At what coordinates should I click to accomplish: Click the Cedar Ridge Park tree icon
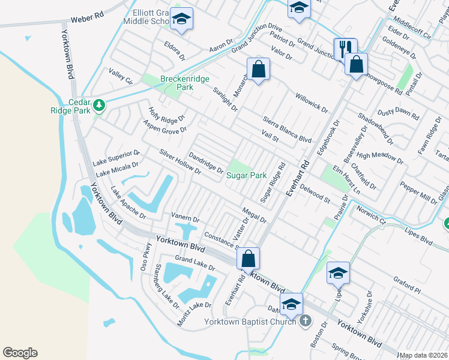99,106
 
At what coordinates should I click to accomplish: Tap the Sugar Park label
246,175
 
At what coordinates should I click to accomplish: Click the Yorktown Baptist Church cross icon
306,321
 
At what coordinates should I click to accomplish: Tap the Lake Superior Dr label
116,158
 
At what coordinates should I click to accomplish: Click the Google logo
20,353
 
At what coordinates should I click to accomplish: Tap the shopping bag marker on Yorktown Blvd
248,259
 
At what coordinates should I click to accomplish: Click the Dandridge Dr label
206,163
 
